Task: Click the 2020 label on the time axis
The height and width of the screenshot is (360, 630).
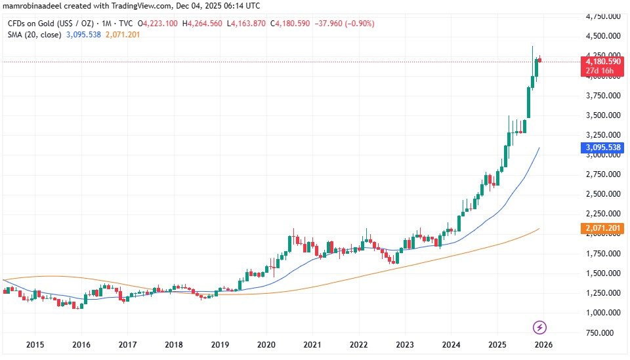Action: [266, 344]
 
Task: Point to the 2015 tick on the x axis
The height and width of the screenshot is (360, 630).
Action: [35, 344]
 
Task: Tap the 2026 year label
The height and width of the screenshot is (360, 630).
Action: [542, 344]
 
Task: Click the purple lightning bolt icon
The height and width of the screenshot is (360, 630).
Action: [539, 327]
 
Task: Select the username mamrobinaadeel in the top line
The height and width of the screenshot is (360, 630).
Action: [32, 6]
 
